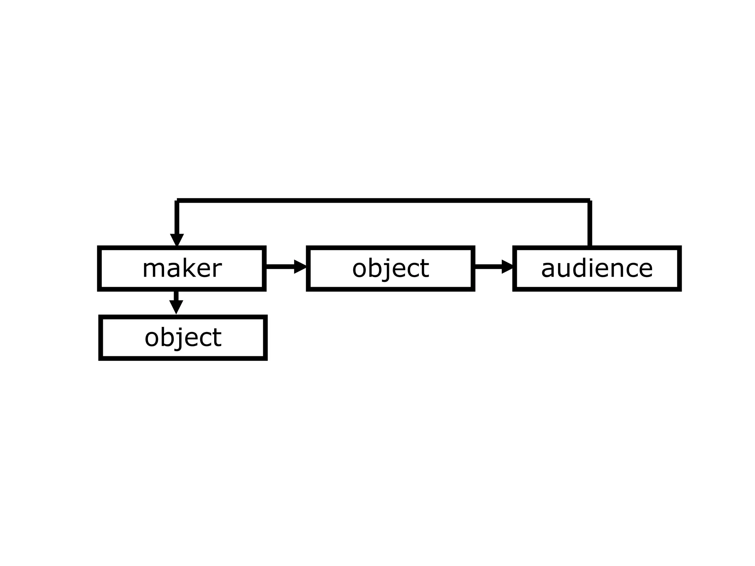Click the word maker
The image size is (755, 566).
pos(182,268)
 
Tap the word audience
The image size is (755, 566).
pos(597,268)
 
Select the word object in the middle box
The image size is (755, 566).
pos(390,268)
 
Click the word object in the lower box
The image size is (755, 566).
pos(183,338)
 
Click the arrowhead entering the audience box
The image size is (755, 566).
pos(508,266)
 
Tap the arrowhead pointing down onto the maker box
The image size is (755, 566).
pos(177,240)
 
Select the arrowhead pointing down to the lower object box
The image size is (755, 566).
pos(176,307)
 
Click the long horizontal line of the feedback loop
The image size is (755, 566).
pos(383,200)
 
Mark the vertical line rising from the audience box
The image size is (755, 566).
pos(590,223)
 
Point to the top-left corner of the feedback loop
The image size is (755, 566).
pos(177,201)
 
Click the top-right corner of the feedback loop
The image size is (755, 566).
pos(589,201)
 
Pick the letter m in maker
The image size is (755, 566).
pos(152,270)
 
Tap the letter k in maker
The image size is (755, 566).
pos(187,268)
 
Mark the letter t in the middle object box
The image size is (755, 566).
pos(425,268)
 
